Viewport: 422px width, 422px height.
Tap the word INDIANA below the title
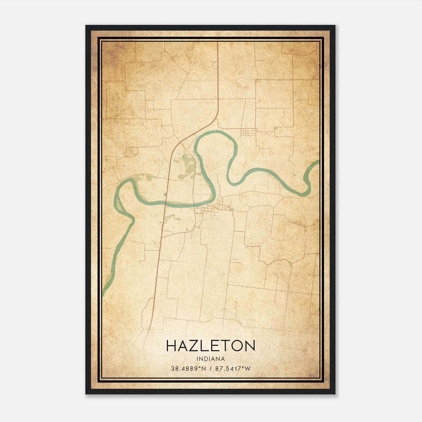click(x=211, y=359)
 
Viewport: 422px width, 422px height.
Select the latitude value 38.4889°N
click(x=188, y=368)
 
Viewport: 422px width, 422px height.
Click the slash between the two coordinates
click(x=210, y=368)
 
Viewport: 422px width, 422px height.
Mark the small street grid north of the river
click(x=249, y=131)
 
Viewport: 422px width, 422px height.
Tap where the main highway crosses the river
click(x=165, y=203)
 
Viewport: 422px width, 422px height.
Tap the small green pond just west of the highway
click(x=165, y=195)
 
